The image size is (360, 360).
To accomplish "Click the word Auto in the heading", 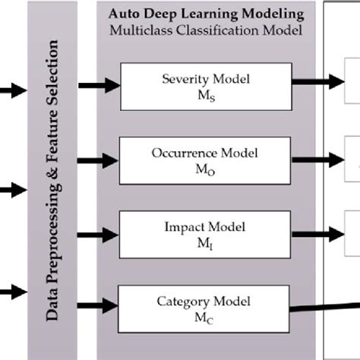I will click(x=122, y=14).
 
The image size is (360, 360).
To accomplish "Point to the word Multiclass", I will click(x=139, y=30).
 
